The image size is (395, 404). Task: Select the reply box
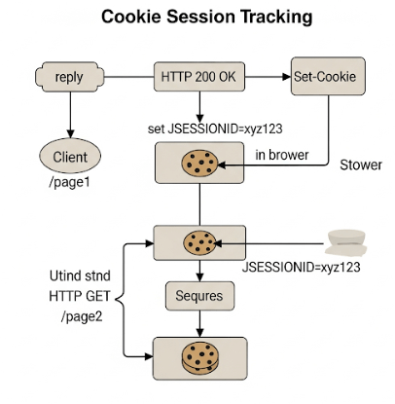[70, 76]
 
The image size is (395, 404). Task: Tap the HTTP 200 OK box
[198, 76]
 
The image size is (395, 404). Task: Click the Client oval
[69, 155]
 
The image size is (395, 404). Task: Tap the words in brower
[281, 154]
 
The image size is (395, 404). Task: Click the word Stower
[360, 165]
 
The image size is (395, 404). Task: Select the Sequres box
[198, 294]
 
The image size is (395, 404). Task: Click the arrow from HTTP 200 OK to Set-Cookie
[263, 76]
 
